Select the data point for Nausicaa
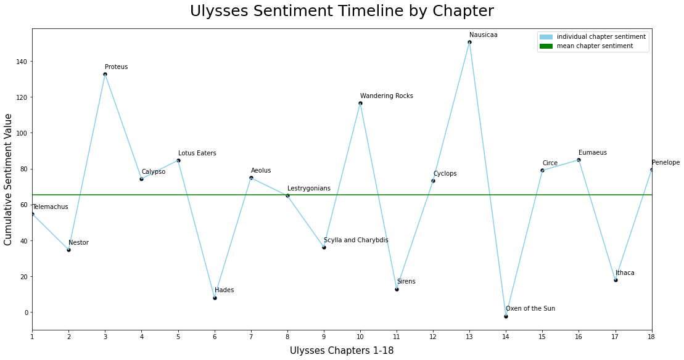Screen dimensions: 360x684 click(469, 43)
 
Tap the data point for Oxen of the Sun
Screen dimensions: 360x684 click(506, 316)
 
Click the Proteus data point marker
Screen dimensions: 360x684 click(105, 74)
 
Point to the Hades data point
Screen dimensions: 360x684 click(215, 298)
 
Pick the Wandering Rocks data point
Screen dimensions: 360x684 click(360, 103)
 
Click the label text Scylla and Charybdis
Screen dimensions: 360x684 click(356, 240)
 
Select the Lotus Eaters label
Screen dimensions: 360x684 click(197, 153)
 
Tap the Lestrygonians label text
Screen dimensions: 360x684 click(309, 189)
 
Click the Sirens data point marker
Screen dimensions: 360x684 click(397, 289)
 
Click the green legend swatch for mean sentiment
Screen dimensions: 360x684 click(546, 46)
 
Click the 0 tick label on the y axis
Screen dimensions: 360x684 click(25, 313)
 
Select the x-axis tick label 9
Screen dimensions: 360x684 click(324, 337)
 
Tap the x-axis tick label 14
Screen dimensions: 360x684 click(506, 337)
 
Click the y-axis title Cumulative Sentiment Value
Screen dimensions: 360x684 click(9, 179)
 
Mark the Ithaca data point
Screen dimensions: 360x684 click(616, 280)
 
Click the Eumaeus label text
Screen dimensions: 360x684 click(593, 153)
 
